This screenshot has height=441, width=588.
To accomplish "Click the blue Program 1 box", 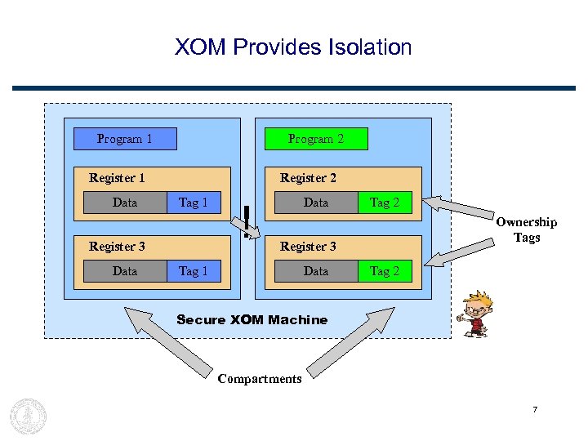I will click(125, 139).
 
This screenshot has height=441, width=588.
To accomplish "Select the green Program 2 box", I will click(316, 139).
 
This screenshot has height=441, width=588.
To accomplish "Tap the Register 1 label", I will click(117, 178).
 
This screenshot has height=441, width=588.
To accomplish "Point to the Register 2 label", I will click(308, 178).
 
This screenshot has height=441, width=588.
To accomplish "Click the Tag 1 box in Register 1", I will click(194, 203).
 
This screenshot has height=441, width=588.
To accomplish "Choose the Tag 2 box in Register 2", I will click(385, 203).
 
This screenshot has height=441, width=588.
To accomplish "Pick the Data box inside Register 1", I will click(125, 203).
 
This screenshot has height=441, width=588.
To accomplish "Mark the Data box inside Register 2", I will click(316, 203).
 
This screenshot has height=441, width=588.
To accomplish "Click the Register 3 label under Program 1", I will click(117, 247).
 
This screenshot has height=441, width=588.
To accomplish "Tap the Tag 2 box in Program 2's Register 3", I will click(385, 271).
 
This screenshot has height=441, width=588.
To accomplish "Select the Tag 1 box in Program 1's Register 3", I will click(194, 271).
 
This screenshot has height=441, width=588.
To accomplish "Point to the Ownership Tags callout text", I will click(527, 229).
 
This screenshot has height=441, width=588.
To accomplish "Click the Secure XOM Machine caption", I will click(252, 320).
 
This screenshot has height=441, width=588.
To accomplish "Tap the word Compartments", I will click(260, 379).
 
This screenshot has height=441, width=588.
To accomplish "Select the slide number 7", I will click(535, 409).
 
